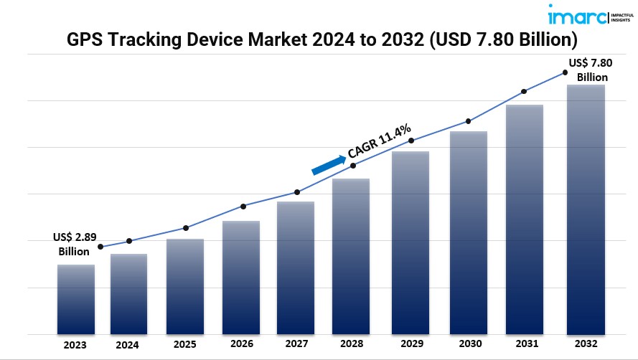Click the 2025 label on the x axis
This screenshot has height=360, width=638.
point(185,344)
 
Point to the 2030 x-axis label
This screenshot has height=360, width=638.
point(469,344)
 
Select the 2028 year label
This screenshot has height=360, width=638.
point(351,344)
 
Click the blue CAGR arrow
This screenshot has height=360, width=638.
point(328,164)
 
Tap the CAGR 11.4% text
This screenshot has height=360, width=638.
point(379,141)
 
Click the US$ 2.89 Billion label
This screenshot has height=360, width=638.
point(75,245)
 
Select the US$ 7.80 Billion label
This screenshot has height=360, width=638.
point(591,70)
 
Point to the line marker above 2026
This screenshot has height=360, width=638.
point(243,207)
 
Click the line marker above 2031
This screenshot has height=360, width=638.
point(524,91)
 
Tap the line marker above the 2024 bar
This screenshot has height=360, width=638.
point(129,241)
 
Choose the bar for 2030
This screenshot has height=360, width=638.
point(469,232)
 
